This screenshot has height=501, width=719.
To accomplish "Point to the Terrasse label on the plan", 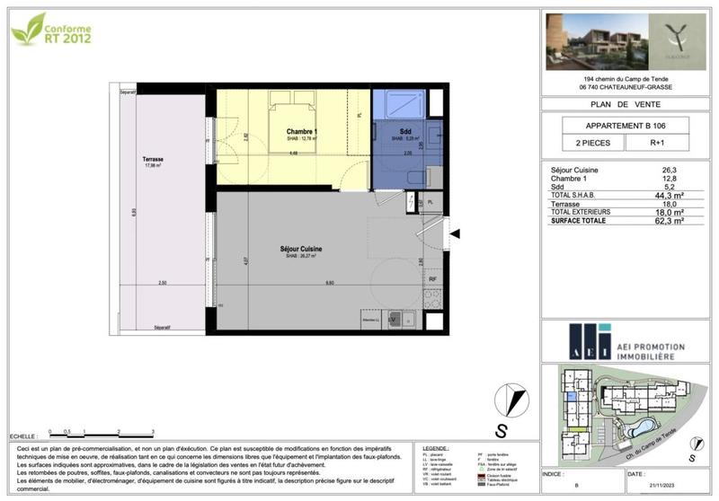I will coord(152,159).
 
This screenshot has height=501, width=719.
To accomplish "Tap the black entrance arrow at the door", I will coord(455,233).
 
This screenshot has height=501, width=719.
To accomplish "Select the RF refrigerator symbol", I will coord(432,279).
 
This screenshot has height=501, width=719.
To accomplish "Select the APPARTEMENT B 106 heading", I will coord(626,124).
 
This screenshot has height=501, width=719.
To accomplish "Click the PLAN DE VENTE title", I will coord(626,104).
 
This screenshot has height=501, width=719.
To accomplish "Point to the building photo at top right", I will coord(589,42).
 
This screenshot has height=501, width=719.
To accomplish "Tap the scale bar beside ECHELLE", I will coord(102,434).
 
